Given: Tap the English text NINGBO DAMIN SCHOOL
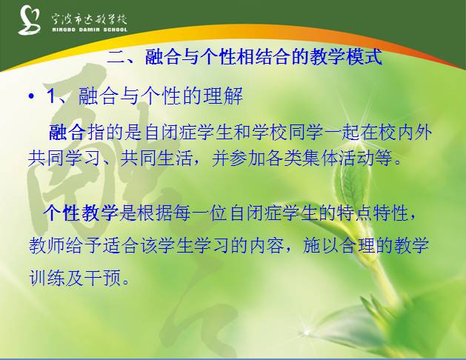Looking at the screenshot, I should pyautogui.click(x=88, y=29).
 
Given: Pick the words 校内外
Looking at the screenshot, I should pyautogui.click(x=406, y=133).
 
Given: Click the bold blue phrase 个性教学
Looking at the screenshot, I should pyautogui.click(x=80, y=214).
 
